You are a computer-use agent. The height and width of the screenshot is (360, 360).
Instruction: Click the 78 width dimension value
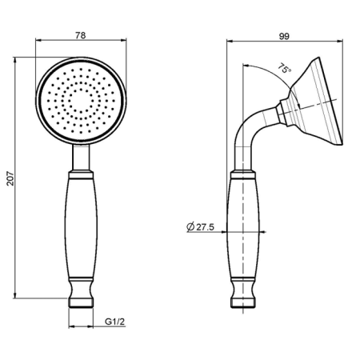coord(81,35)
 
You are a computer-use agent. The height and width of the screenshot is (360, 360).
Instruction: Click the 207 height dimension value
coord(10,178)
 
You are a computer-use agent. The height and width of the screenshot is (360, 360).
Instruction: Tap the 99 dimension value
coord(284,36)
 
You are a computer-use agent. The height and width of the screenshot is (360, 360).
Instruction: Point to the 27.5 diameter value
coord(205,227)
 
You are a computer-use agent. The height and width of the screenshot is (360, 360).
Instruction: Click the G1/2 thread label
coord(114,322)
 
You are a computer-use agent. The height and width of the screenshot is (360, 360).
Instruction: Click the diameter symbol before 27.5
coord(190,227)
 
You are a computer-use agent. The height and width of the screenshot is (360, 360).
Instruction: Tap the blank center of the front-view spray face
coord(81,101)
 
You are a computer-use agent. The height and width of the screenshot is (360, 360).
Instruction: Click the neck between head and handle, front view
coord(81,158)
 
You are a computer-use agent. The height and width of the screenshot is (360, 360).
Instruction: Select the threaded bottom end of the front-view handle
coord(81,303)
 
